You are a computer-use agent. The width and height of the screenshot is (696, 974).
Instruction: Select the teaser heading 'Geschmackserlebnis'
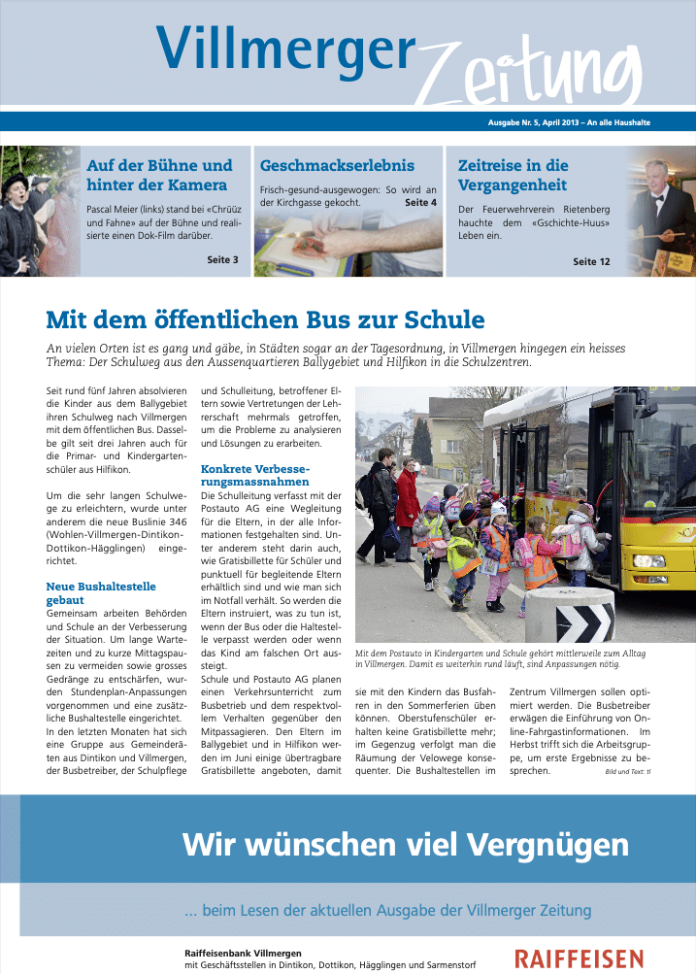tap(337, 165)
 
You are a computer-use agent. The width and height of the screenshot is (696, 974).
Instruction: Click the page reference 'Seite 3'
tap(222, 259)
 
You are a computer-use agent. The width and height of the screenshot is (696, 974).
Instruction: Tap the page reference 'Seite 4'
tap(420, 203)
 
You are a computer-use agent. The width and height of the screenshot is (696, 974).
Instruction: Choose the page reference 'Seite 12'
tap(591, 261)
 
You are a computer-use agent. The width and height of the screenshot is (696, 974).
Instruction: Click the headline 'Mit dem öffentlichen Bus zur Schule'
tap(265, 319)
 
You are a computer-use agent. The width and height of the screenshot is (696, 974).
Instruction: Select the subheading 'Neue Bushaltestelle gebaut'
tap(101, 593)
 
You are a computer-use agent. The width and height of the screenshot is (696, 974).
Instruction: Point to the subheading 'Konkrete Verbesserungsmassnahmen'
tap(255, 475)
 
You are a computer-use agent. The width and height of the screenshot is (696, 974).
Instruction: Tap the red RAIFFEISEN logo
tap(579, 958)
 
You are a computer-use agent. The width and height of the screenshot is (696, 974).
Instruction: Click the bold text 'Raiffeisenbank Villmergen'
tap(243, 953)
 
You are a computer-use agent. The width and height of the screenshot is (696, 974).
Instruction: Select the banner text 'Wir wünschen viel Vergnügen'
tap(405, 844)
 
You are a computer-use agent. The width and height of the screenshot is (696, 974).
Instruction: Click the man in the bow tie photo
tap(665, 210)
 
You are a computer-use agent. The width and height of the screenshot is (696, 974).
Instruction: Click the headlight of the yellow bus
tap(647, 560)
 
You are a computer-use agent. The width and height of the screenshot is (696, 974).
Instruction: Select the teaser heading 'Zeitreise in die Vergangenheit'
tap(513, 175)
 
